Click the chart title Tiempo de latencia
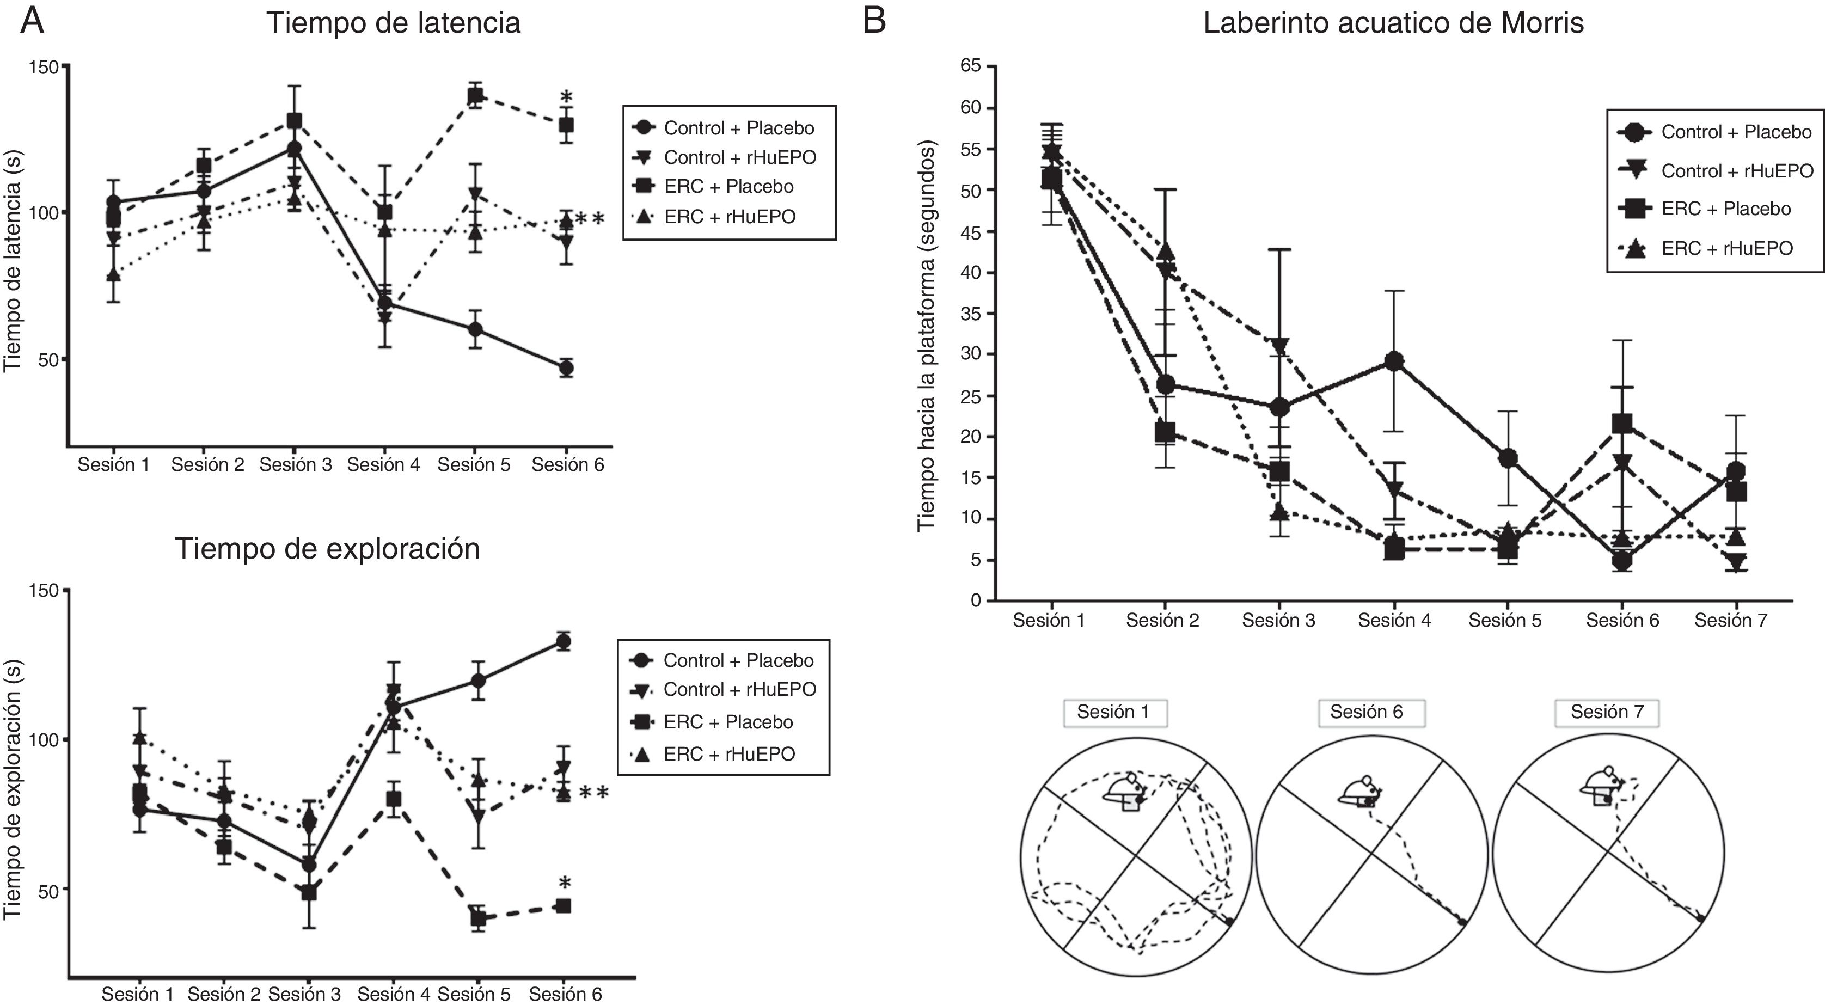click(393, 23)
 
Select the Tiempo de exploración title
click(327, 549)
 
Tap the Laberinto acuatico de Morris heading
click(1393, 23)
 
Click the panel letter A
click(32, 21)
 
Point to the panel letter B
click(874, 21)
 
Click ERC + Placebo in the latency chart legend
click(728, 187)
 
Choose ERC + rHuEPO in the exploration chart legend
click(728, 753)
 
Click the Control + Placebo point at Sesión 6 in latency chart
click(565, 367)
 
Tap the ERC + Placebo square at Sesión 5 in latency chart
click(475, 96)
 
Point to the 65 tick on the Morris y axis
click(971, 66)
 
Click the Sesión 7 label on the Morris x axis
click(1730, 621)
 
